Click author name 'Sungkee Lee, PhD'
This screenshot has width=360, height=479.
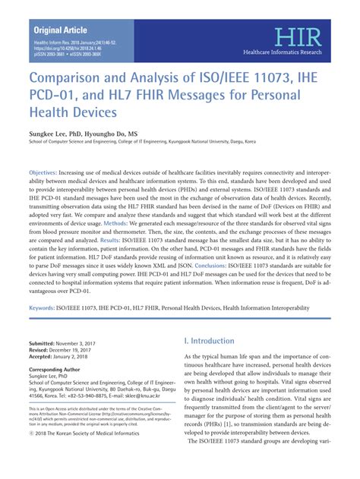coord(57,132)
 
